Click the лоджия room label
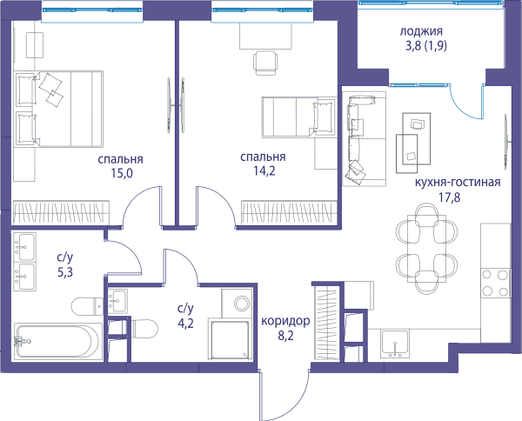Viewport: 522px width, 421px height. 421,31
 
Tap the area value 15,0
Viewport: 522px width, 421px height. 122,173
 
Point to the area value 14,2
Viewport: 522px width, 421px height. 264,171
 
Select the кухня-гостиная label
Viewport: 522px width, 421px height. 458,183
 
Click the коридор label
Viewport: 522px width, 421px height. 285,322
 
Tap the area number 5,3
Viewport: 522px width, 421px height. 65,272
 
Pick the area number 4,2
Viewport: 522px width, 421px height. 185,324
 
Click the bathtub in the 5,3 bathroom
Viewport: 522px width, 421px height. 57,341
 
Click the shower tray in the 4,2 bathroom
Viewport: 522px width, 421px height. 229,338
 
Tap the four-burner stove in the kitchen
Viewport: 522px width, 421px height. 496,284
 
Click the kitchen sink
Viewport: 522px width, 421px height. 395,344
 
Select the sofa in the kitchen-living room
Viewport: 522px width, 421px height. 365,139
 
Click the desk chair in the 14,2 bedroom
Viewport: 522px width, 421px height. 265,63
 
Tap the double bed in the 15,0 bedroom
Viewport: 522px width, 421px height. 58,109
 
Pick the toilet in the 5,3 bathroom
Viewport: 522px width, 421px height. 88,306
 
